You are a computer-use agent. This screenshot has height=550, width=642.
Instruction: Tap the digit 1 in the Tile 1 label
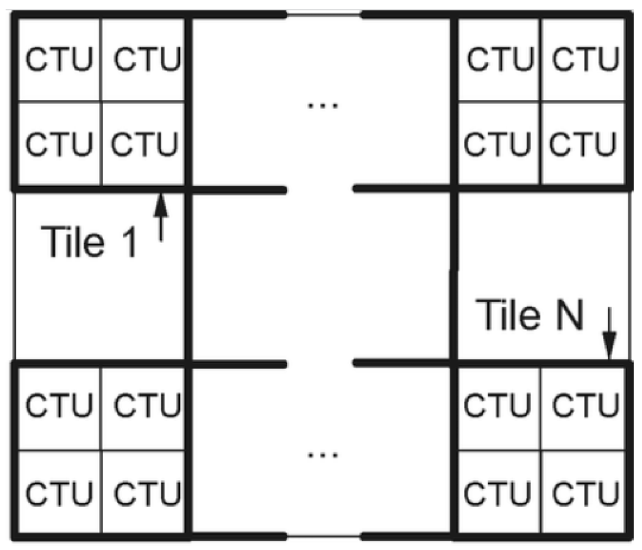coord(130,242)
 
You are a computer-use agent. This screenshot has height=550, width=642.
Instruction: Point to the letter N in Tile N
coord(569,315)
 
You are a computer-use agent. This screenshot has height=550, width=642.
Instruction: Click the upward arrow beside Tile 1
coord(161,217)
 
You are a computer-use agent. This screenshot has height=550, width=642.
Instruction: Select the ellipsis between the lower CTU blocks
coord(323,454)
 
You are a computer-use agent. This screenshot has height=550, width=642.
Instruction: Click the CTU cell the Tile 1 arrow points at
coord(144,144)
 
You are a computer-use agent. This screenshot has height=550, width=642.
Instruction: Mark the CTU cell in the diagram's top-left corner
coord(59,60)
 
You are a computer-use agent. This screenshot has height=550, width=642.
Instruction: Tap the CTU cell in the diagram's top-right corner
coord(585,60)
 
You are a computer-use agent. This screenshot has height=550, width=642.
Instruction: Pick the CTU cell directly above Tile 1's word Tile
coord(59,144)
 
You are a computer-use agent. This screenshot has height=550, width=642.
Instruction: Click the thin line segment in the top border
coord(324,15)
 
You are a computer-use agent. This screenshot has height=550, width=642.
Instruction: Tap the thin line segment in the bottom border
coord(324,537)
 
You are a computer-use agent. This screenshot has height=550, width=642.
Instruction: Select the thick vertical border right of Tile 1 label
coord(188,274)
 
